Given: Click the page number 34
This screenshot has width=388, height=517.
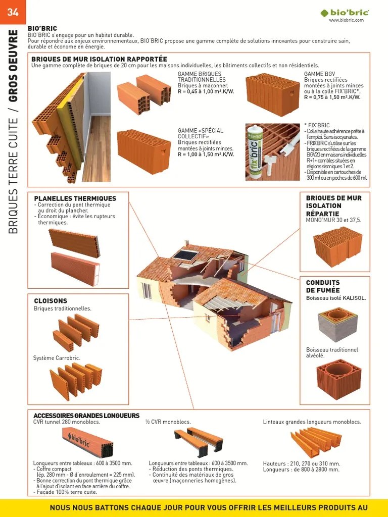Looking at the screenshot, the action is pyautogui.click(x=13, y=12).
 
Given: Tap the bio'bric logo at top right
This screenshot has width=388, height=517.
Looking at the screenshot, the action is pyautogui.click(x=345, y=13).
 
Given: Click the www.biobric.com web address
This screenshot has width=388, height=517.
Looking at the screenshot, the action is pyautogui.click(x=347, y=20).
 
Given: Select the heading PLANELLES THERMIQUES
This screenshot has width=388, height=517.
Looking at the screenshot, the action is pyautogui.click(x=75, y=198).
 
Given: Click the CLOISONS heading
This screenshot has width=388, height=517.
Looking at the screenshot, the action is pyautogui.click(x=51, y=301).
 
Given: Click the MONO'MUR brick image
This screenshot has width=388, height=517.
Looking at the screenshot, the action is pyautogui.click(x=337, y=246).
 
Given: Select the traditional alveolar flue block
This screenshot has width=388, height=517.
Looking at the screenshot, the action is pyautogui.click(x=339, y=379).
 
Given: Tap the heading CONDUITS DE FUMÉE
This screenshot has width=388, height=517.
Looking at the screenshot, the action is pyautogui.click(x=323, y=286).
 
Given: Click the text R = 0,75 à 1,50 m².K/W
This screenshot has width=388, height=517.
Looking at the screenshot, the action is pyautogui.click(x=332, y=97).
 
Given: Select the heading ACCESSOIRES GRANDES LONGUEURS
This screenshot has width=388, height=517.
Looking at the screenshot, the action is pyautogui.click(x=86, y=416).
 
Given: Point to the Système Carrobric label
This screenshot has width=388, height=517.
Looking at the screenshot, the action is pyautogui.click(x=57, y=358).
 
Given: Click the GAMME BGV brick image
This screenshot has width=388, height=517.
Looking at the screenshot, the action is pyautogui.click(x=272, y=94).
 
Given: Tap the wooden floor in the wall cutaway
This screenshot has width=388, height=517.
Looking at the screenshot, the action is pyautogui.click(x=97, y=148).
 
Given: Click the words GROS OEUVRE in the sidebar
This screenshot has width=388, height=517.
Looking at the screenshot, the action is pyautogui.click(x=13, y=66).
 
